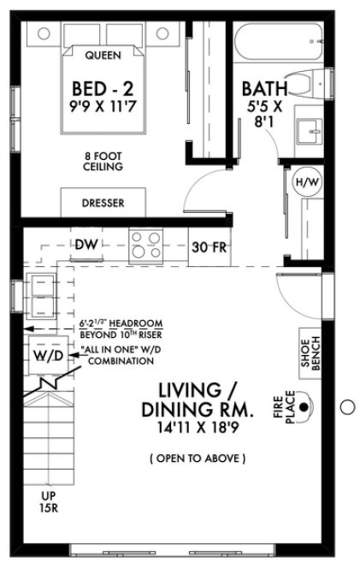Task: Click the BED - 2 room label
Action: [103, 90]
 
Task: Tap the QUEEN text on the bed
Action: [103, 56]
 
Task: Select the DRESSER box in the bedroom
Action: [103, 203]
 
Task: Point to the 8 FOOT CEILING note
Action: [103, 162]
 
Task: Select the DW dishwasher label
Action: [86, 245]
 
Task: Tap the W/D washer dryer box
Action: [48, 356]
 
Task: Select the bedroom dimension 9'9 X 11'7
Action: [103, 109]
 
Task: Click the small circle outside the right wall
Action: [346, 406]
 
